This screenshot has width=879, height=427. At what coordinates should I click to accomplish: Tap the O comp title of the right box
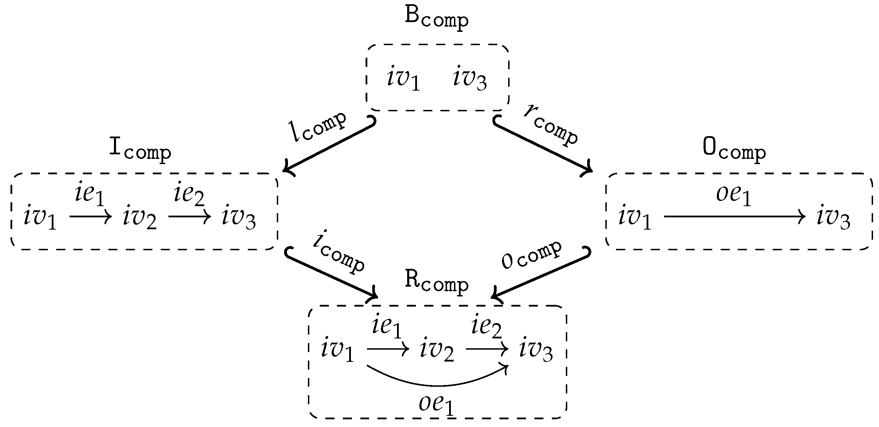coord(734,150)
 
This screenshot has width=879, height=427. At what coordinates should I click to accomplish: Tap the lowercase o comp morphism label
coord(532,255)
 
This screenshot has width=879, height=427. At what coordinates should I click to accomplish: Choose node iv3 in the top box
coord(470,78)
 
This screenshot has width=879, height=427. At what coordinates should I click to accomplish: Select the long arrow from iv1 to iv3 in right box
coord(734,217)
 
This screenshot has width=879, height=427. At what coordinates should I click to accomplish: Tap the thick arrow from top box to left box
coord(329,147)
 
